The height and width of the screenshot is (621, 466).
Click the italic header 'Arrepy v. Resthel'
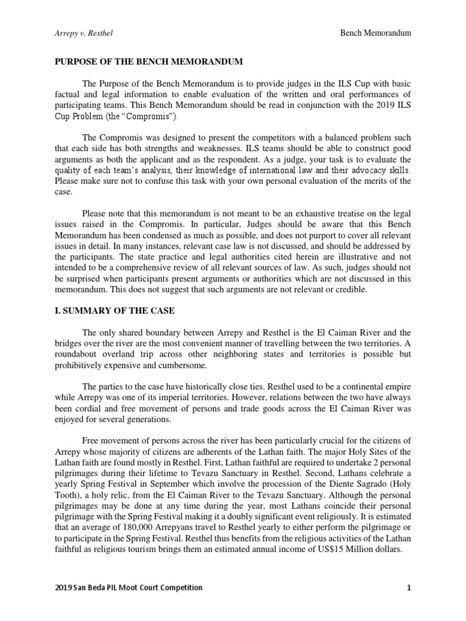coord(84,33)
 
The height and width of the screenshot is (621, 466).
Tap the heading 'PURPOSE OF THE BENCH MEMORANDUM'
coord(149,62)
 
